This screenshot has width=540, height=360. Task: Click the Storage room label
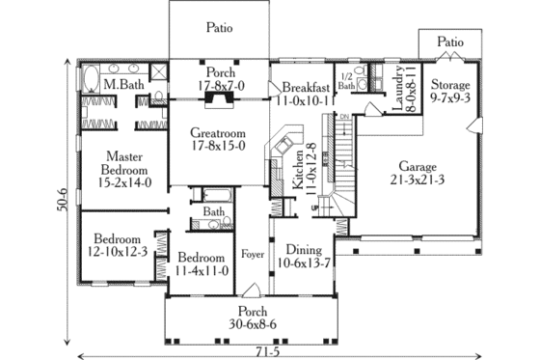(449, 84)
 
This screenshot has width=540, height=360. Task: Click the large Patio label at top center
(219, 28)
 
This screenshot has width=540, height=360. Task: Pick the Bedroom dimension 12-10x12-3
(118, 252)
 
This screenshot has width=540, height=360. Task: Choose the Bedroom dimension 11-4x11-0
(202, 271)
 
